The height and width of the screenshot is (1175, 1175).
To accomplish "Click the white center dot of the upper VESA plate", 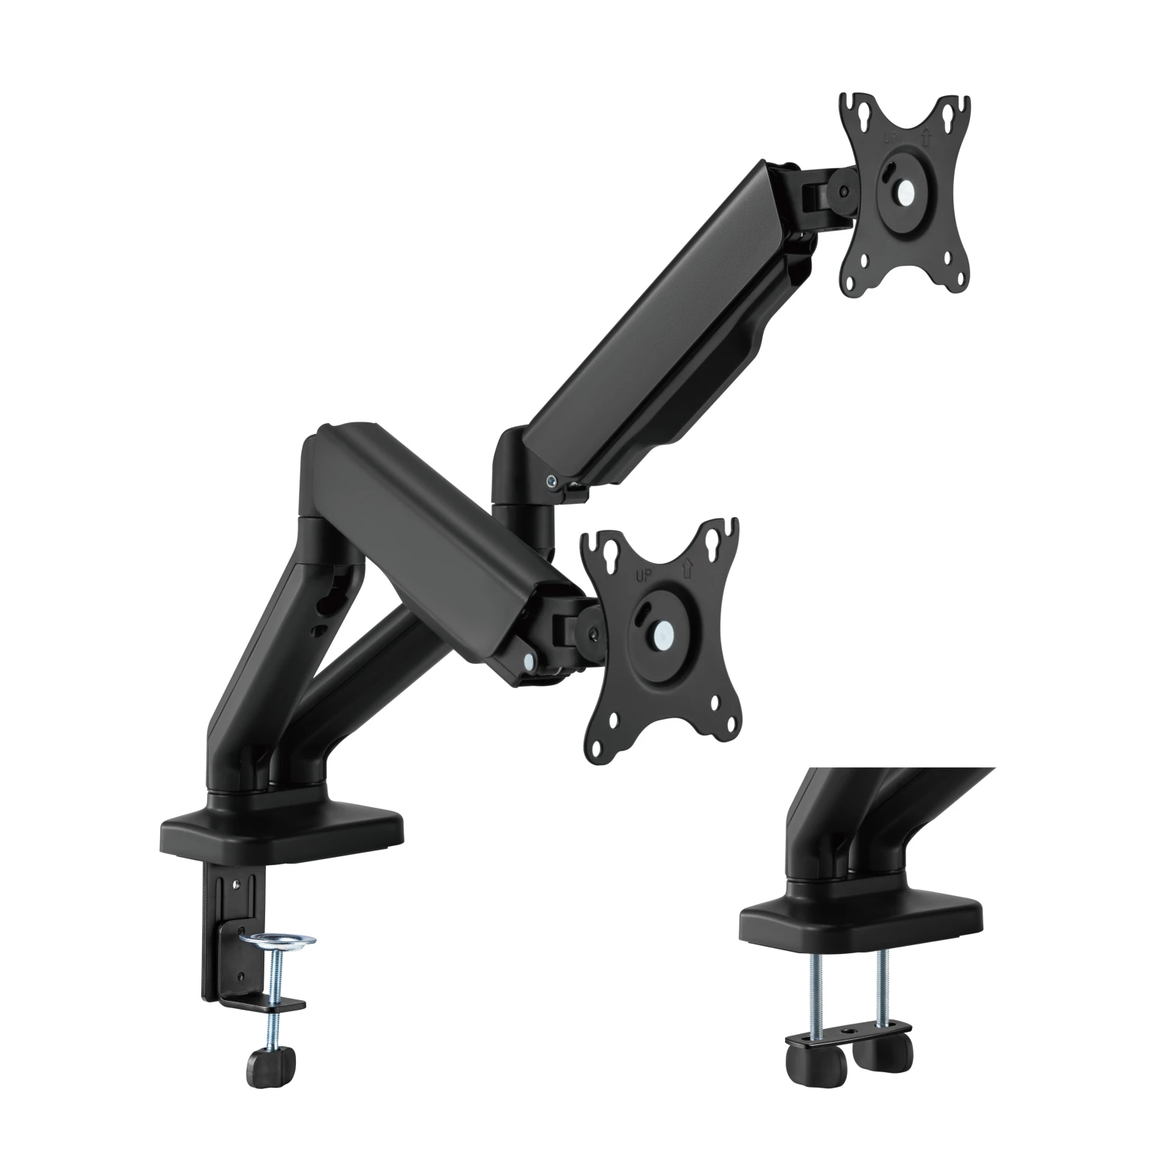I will click(x=905, y=192).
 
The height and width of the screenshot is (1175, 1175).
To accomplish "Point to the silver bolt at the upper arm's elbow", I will click(x=552, y=480).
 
